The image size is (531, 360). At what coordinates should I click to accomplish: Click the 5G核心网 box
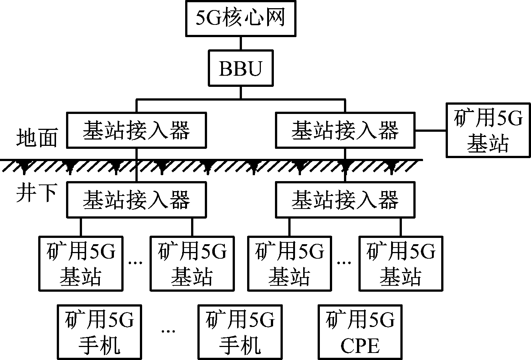(x=240, y=19)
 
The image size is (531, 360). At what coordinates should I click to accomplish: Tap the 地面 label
(x=37, y=138)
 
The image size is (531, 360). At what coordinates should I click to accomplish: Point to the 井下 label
(x=37, y=193)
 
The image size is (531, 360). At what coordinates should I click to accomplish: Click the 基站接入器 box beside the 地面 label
(x=136, y=131)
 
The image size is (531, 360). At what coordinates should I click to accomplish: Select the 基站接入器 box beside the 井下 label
(x=136, y=199)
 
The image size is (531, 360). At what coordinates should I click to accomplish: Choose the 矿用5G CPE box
(x=360, y=332)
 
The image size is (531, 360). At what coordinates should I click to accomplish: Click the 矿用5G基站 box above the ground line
(x=488, y=130)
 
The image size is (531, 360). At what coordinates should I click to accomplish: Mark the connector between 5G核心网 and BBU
(x=240, y=43)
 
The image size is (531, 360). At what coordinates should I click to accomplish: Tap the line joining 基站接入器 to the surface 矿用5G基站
(x=430, y=131)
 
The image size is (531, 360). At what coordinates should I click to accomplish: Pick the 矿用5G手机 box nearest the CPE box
(x=240, y=332)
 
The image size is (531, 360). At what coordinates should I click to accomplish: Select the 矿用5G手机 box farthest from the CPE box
(x=99, y=332)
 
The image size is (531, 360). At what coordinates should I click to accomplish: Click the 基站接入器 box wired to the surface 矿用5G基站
(x=345, y=131)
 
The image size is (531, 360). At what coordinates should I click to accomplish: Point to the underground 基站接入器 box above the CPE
(x=345, y=199)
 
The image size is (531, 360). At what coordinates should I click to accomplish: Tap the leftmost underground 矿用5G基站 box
(x=81, y=263)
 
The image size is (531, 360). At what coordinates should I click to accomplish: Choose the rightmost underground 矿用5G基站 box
(x=401, y=263)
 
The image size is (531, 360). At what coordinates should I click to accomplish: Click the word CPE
(x=360, y=346)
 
